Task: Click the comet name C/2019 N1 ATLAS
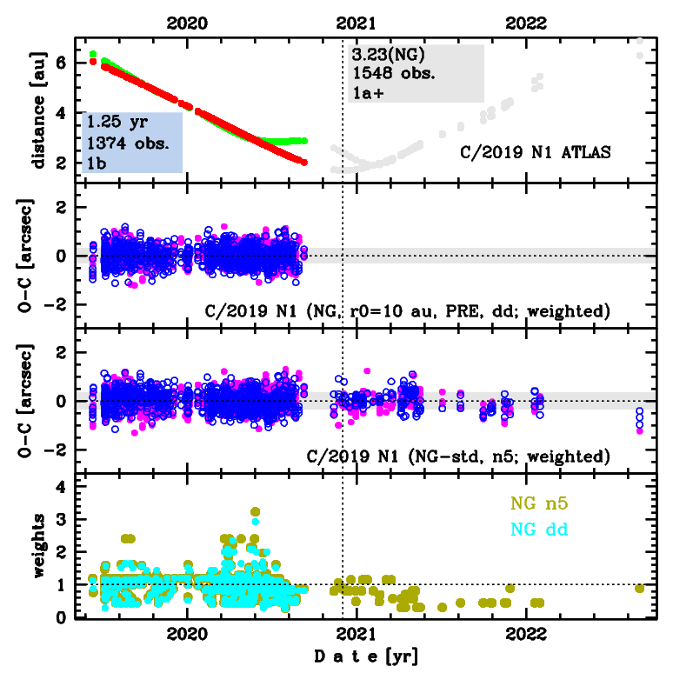(536, 152)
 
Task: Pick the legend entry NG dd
(538, 528)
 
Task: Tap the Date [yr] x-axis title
(366, 656)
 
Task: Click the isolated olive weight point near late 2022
(640, 589)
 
